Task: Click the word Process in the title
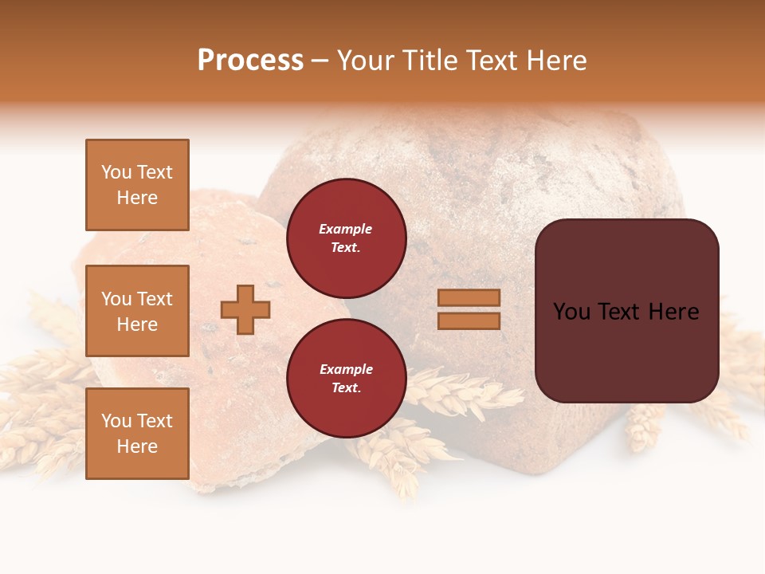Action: coord(250,61)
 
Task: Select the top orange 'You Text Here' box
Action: coord(137,185)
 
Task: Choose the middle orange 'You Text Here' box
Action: coord(137,311)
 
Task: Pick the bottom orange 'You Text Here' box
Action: coord(137,433)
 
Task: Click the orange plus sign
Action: coord(245,309)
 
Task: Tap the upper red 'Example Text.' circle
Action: coord(346,238)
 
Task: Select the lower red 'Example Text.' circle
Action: coord(346,378)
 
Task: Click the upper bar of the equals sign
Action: coord(469,297)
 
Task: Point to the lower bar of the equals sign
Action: coord(469,320)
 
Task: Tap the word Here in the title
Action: coord(556,61)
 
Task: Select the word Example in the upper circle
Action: coord(346,229)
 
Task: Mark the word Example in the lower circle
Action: coord(346,369)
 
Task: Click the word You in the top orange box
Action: coord(116,172)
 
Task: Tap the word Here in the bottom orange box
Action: coord(137,446)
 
